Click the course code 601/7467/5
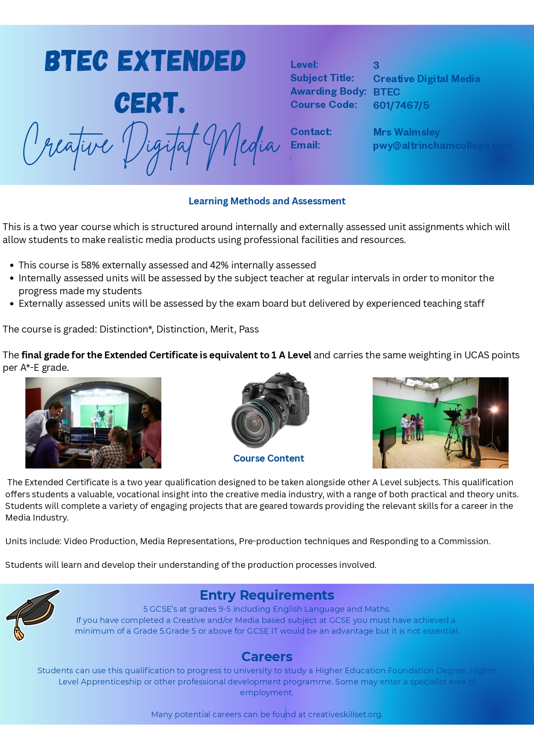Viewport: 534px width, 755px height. click(401, 105)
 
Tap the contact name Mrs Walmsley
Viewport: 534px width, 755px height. click(406, 132)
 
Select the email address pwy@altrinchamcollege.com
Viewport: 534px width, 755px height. click(442, 145)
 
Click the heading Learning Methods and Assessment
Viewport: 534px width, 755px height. click(267, 201)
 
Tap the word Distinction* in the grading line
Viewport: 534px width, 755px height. click(126, 329)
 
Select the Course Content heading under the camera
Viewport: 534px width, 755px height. click(269, 458)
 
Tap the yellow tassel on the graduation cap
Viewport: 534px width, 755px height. click(19, 632)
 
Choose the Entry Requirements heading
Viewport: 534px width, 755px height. click(267, 595)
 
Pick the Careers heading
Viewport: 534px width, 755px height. click(267, 656)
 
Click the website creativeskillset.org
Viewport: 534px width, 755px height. click(345, 714)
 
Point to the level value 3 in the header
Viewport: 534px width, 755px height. click(376, 65)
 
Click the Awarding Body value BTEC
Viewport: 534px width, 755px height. click(386, 92)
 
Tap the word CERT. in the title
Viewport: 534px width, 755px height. click(150, 103)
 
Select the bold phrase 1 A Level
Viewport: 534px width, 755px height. click(291, 355)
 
